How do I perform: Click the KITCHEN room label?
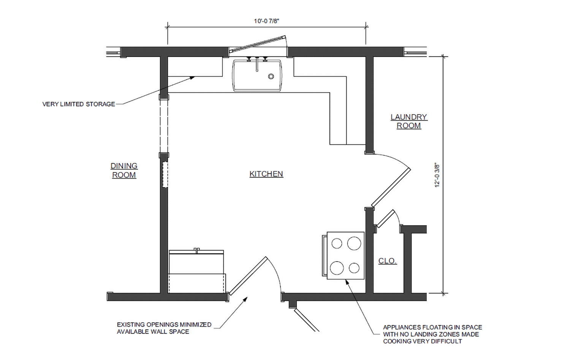266,174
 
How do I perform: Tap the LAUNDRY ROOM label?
409,121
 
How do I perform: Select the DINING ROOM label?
124,171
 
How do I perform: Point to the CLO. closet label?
388,261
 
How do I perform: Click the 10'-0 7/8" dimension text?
266,21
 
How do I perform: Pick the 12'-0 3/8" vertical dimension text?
437,175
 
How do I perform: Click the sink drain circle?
271,76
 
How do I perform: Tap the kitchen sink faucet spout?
257,64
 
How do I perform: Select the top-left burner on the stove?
337,243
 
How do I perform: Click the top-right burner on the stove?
354,243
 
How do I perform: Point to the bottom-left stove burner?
337,268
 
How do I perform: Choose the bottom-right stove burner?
354,268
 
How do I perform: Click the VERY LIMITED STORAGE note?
79,104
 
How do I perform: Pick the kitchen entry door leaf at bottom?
249,276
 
